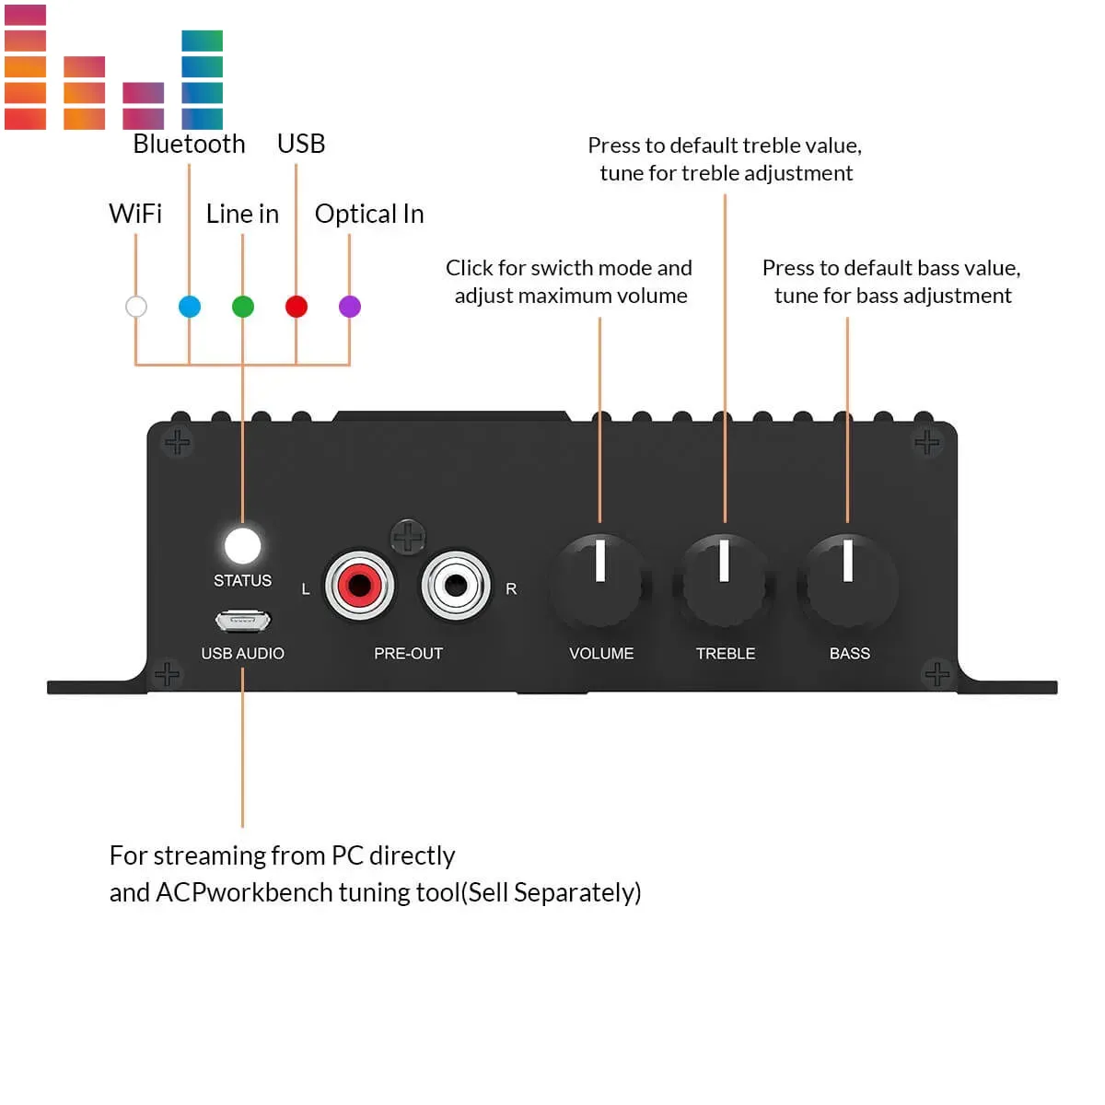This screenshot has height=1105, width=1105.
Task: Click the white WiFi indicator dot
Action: pos(136,307)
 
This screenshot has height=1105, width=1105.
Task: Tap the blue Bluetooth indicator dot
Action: pos(190,307)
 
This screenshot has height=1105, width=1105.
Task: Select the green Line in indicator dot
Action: pos(243,307)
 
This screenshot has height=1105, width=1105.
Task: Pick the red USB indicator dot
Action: pos(297,307)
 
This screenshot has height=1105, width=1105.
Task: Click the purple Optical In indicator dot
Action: pos(350,307)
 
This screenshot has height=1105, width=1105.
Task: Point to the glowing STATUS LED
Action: pos(243,545)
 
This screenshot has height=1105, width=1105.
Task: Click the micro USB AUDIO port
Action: pos(243,622)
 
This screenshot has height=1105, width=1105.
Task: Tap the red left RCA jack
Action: pos(359,585)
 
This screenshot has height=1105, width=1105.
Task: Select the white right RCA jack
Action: pos(456,585)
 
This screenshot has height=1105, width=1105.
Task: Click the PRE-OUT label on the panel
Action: pos(408,654)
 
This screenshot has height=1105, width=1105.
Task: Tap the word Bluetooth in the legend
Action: pos(189,145)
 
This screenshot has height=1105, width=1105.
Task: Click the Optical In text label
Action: pos(369,215)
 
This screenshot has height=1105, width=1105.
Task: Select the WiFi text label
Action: pos(135,215)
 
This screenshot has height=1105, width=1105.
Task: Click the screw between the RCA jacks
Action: pos(408,536)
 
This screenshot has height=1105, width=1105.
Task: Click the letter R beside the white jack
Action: pos(511,589)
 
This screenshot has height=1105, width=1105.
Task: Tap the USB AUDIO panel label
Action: pos(243,654)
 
